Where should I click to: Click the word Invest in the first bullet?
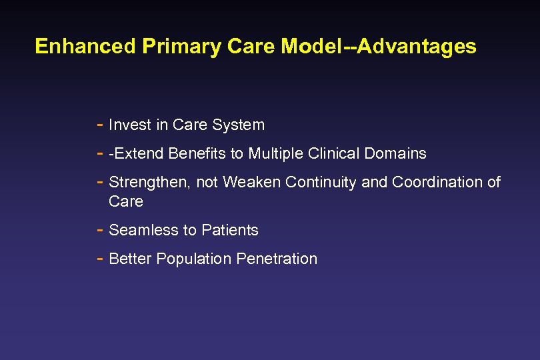point(129,125)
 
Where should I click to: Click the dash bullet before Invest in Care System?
point(99,125)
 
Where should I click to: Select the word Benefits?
point(197,153)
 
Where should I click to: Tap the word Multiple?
point(276,153)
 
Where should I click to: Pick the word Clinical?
point(334,153)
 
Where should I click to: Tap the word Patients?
point(231,230)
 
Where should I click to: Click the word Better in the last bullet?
point(130,259)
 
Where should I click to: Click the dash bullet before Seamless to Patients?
point(99,230)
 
